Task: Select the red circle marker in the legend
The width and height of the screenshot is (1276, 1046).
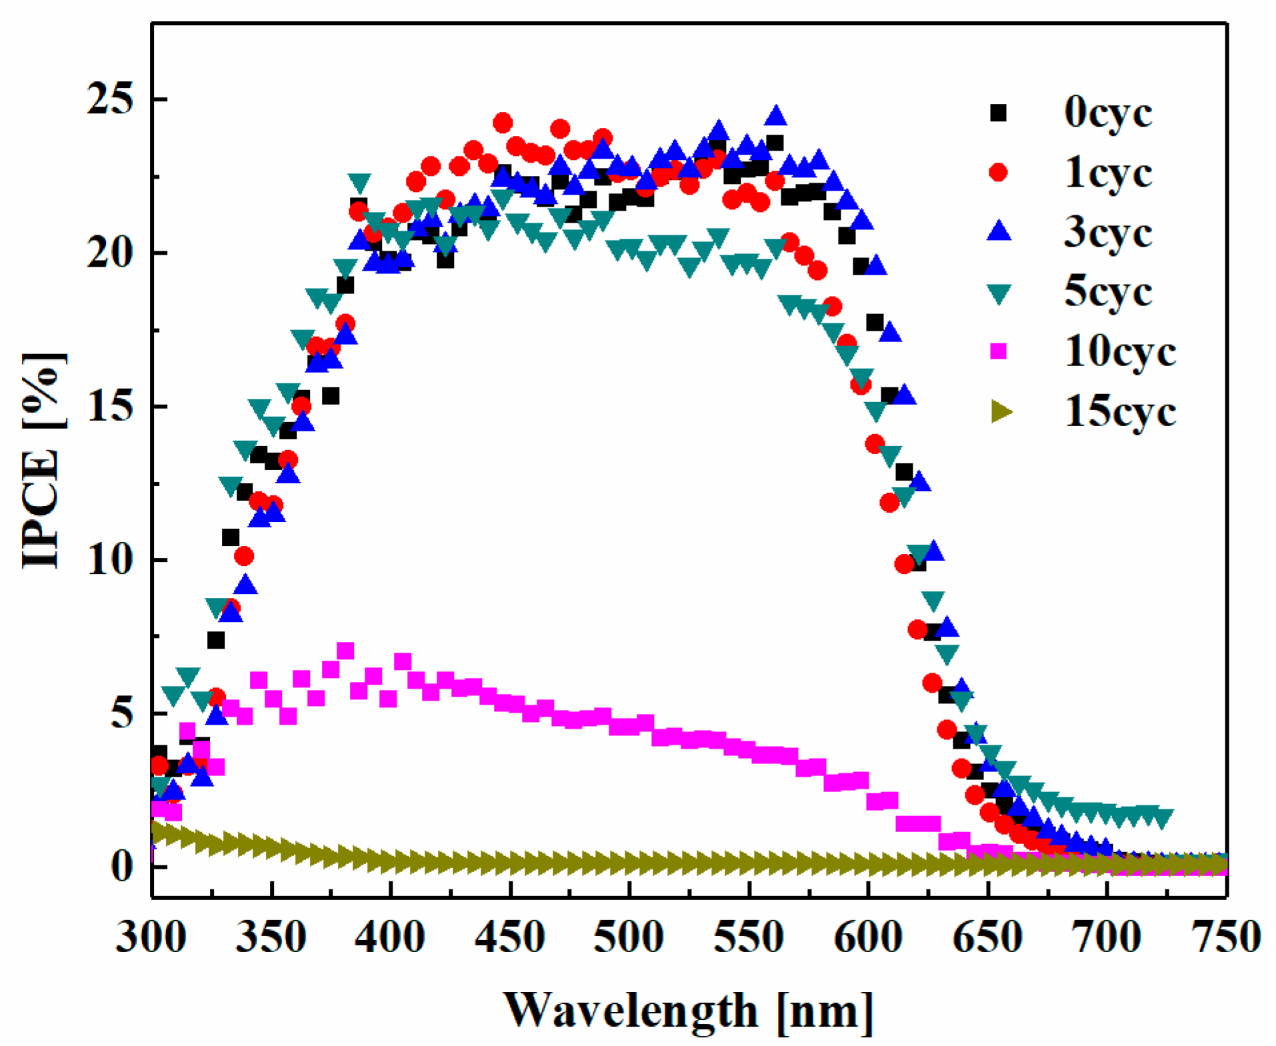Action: coord(998,173)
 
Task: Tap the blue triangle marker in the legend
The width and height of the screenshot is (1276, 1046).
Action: coord(999,231)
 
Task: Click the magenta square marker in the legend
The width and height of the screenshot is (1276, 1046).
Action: coord(998,351)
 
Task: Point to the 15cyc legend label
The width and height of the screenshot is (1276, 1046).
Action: coord(1119,411)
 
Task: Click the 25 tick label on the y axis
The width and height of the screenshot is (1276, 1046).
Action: coord(110,100)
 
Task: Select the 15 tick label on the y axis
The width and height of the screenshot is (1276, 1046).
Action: coord(110,407)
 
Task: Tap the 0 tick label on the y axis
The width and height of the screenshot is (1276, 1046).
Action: coord(122,867)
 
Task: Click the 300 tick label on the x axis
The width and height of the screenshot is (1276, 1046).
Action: coord(151,937)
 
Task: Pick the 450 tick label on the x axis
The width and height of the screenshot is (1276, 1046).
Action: coord(510,937)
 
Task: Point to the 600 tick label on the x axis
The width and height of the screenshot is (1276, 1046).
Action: coord(868,937)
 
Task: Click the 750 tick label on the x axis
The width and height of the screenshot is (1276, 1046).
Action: coord(1225,937)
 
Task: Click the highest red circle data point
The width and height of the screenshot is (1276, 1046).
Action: coord(503,123)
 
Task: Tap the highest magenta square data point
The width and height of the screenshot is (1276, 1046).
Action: coord(345,651)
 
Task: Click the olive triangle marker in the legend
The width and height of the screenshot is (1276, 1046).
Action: coord(1000,411)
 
